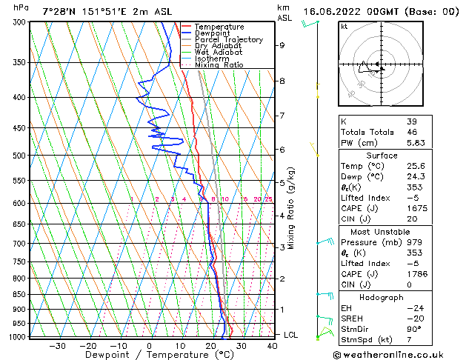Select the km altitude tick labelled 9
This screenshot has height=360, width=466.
tap(282, 45)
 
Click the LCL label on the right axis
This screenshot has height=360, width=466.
tap(291, 335)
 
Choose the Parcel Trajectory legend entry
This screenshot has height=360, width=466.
tap(228, 40)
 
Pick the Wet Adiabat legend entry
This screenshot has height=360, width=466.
tap(218, 53)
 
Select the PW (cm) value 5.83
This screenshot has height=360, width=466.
tap(416, 143)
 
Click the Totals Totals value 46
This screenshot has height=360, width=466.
tap(412, 132)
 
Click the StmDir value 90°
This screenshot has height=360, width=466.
tap(414, 329)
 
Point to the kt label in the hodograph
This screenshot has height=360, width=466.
tap(344, 26)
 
